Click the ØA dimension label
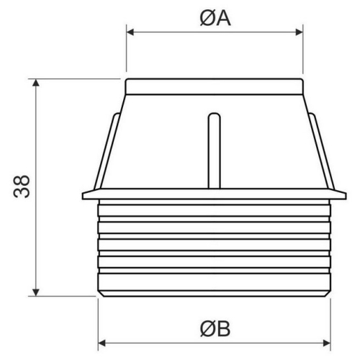215,19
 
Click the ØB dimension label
215,330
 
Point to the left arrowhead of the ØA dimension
130,30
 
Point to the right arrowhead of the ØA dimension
299,30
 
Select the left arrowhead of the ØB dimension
102,341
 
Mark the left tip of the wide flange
84,194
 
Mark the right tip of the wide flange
345,194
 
